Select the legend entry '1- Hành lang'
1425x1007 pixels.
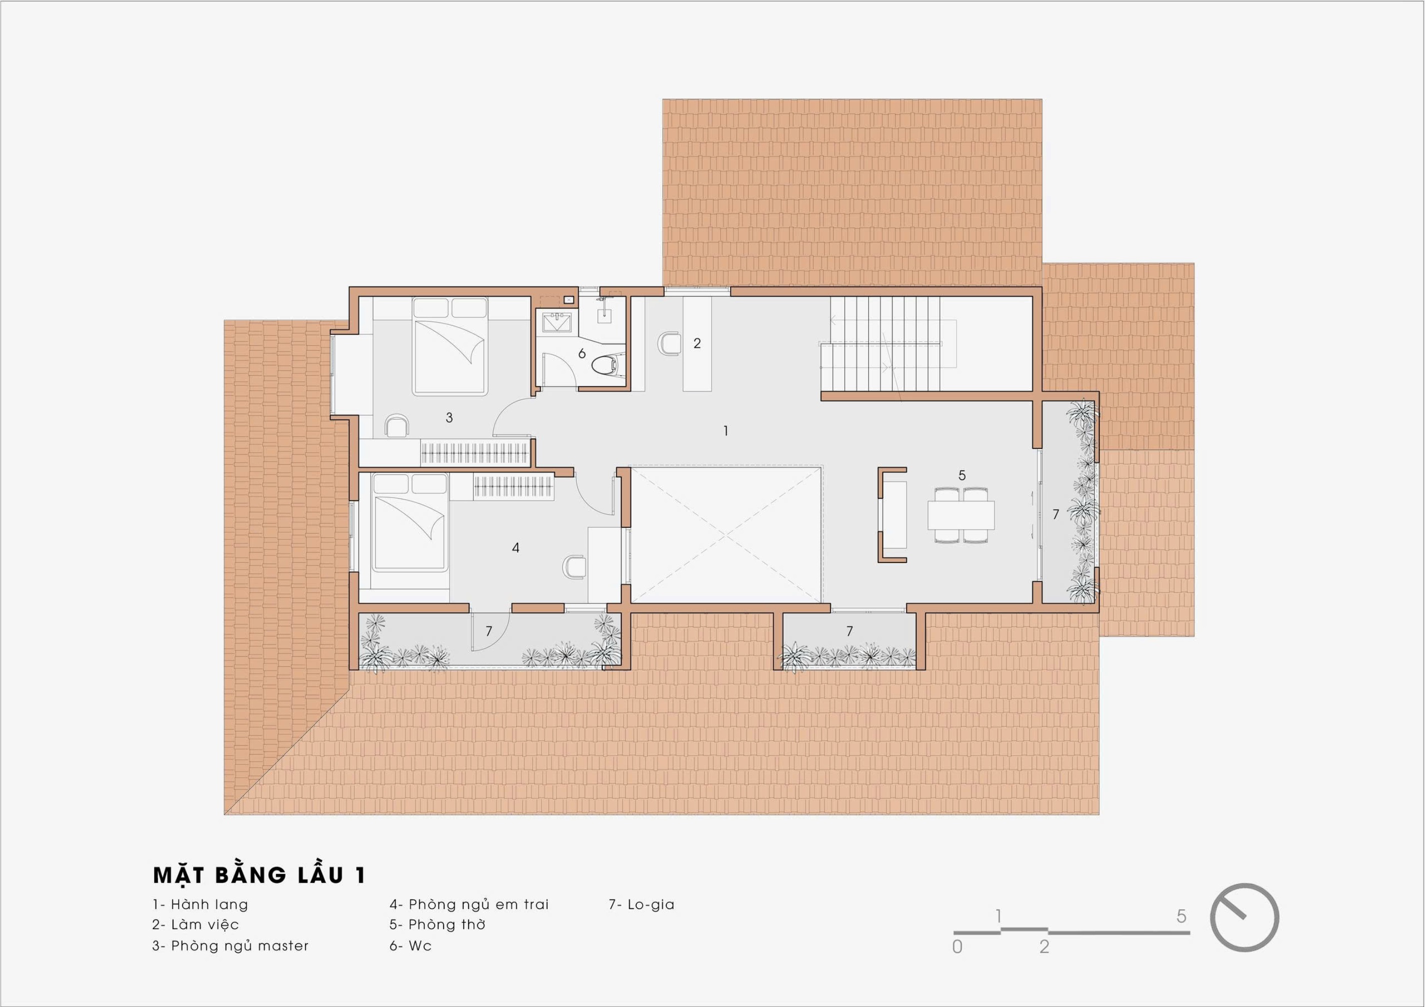click(200, 904)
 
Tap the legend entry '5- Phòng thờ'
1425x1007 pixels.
click(438, 924)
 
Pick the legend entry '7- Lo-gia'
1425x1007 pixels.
click(641, 904)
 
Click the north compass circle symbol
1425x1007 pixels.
click(1244, 917)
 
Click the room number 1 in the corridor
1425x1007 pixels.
click(726, 430)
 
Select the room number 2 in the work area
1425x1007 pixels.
click(697, 343)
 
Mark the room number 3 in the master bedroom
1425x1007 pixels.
click(449, 417)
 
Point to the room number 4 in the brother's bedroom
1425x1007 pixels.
click(516, 548)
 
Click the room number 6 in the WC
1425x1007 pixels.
click(582, 353)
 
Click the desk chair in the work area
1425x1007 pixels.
click(669, 343)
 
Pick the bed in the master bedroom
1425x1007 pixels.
click(450, 346)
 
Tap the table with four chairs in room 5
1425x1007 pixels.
click(961, 515)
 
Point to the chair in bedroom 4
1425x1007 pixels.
click(575, 566)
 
